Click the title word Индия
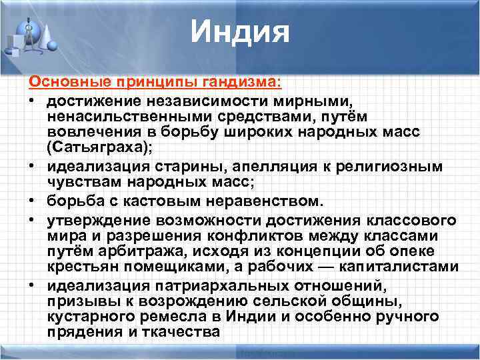(240, 32)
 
